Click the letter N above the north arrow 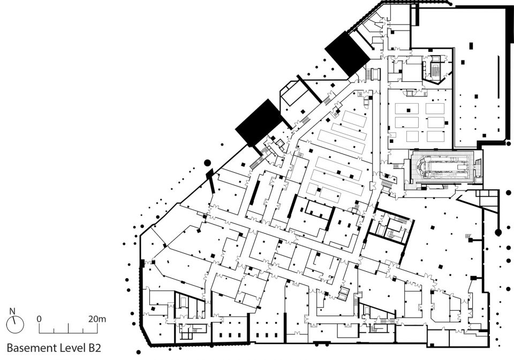(x=12, y=311)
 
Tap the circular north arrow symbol (x=15, y=325)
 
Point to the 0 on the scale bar (x=39, y=319)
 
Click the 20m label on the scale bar (x=97, y=319)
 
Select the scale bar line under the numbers (x=68, y=333)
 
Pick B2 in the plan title (x=94, y=348)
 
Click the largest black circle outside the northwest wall (x=207, y=162)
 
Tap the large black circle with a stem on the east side (x=498, y=233)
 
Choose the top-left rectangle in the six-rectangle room (x=406, y=109)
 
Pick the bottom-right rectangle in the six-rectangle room (x=436, y=136)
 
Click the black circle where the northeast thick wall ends (x=509, y=143)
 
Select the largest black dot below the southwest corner (x=138, y=353)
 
